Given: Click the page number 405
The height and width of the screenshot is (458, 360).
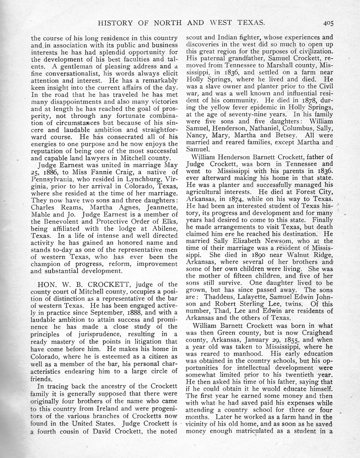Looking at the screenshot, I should tap(327, 23).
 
